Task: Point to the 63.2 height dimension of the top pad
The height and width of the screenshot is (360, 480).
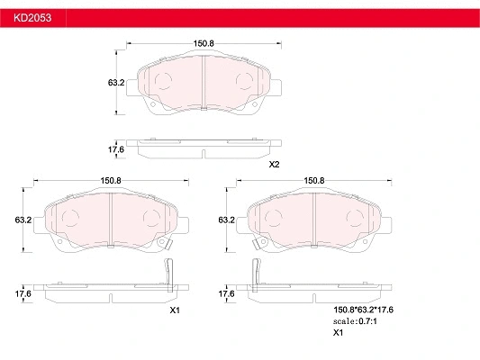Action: coord(115,82)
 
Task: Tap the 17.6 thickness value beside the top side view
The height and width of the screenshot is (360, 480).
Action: coord(115,149)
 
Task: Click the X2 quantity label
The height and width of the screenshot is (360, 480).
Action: coord(275,164)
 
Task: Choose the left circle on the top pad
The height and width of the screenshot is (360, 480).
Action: coord(164,82)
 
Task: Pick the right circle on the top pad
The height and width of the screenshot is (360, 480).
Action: coord(245,82)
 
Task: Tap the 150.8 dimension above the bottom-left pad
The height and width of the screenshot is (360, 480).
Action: coord(111,180)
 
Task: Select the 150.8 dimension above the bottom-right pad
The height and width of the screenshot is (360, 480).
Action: coord(314,180)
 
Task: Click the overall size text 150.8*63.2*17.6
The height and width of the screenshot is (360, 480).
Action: coord(365,309)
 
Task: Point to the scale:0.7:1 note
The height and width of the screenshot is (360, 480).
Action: coord(357,321)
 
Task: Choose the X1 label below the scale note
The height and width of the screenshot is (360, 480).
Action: coord(339,333)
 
